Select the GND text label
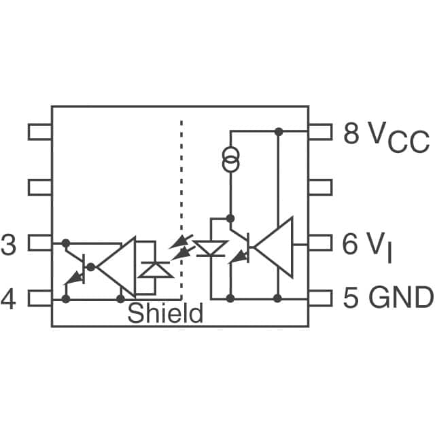tap(401, 298)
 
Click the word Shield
tap(165, 313)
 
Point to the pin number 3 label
tap(8, 245)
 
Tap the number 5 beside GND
tap(351, 298)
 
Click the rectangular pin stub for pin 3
tap(39, 243)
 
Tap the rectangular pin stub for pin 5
tap(320, 298)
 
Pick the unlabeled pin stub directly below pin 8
tap(320, 187)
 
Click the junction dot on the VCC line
tap(277, 130)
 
